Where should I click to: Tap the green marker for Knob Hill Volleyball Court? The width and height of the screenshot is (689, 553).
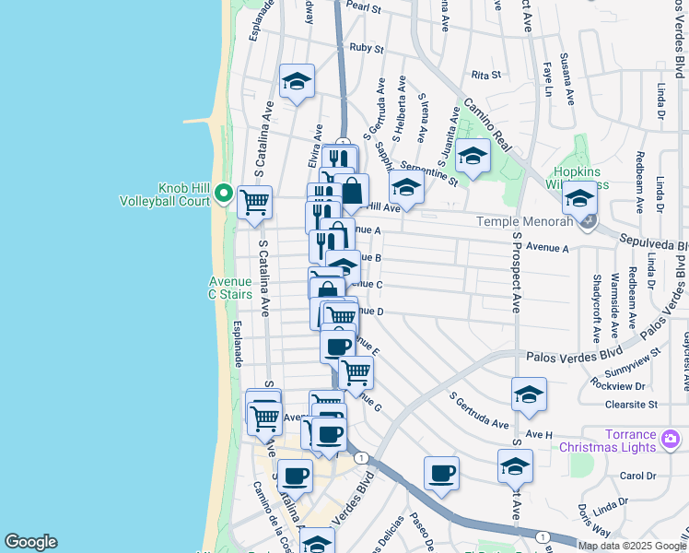click(224, 194)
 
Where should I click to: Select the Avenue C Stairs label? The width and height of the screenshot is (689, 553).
click(230, 288)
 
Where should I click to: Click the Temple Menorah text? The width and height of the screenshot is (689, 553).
click(522, 221)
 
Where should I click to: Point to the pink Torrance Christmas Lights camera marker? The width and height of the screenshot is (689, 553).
click(670, 436)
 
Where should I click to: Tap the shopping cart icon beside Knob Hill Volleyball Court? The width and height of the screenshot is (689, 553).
click(254, 200)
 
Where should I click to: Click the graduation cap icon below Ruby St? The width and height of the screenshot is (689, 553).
click(297, 81)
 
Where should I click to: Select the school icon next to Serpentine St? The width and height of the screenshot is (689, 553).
click(406, 186)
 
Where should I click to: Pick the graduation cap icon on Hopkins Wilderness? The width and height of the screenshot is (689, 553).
click(580, 196)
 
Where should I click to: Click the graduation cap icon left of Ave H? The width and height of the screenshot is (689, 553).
click(529, 394)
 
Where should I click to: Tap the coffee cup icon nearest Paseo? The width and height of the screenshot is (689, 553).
click(441, 473)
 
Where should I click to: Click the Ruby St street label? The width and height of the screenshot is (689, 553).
click(367, 47)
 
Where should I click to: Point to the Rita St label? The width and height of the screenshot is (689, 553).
click(485, 75)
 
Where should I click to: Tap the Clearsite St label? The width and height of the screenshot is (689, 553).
click(631, 404)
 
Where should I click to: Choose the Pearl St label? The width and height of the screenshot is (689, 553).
click(364, 7)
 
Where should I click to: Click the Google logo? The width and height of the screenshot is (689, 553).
click(30, 542)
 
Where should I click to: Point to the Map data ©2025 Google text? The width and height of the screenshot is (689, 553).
click(631, 546)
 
